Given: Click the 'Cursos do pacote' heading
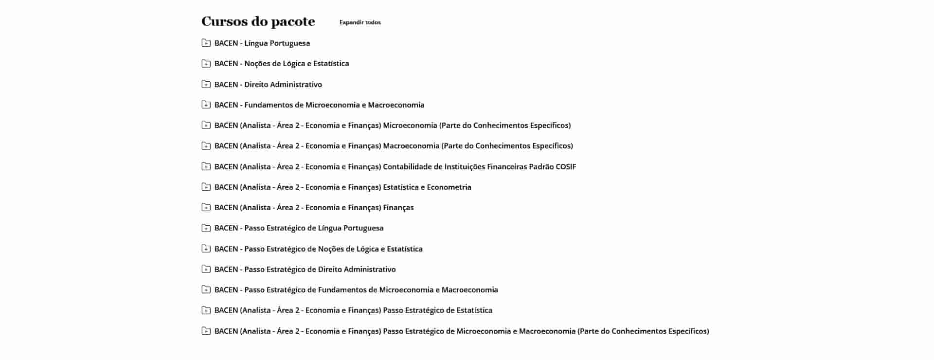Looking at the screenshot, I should pyautogui.click(x=258, y=22).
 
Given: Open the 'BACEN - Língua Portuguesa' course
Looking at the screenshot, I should pyautogui.click(x=262, y=43).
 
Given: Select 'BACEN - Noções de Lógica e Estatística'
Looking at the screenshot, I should pyautogui.click(x=281, y=64).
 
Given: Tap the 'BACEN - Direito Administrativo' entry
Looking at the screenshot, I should pyautogui.click(x=268, y=85).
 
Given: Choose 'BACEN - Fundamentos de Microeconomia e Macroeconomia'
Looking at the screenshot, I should pyautogui.click(x=319, y=105).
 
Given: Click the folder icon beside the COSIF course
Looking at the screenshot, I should pyautogui.click(x=206, y=166).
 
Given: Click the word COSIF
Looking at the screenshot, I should pyautogui.click(x=566, y=167).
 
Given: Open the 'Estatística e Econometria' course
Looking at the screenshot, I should pyautogui.click(x=342, y=187).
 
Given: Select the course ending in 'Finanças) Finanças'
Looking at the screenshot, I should pyautogui.click(x=314, y=208).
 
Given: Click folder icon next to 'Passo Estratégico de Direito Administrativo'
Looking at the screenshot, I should pyautogui.click(x=206, y=269).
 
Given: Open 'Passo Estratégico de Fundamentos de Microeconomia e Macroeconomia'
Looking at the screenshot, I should pyautogui.click(x=356, y=290).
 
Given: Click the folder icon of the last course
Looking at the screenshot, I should pyautogui.click(x=206, y=331).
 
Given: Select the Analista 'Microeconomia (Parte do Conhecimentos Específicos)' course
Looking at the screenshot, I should pyautogui.click(x=392, y=126).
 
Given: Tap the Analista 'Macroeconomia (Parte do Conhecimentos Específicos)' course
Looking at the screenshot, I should pyautogui.click(x=393, y=146).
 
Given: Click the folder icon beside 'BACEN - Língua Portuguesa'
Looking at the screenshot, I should pyautogui.click(x=206, y=43).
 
